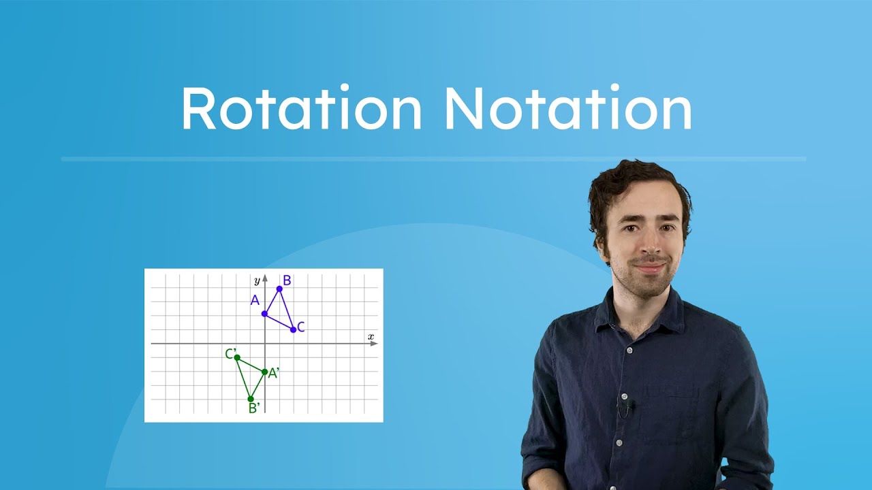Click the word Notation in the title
pos(568,109)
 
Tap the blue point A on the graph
pos(265,314)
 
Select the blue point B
pos(279,289)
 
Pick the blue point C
pos(294,329)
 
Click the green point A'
pos(265,372)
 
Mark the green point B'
pos(251,399)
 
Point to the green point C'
pos(237,357)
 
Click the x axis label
pos(371,337)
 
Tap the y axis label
pos(257,280)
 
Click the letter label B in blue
pos(287,280)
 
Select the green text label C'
pos(230,354)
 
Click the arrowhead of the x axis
pos(374,344)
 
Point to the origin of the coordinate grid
pos(265,344)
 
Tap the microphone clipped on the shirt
pos(626,406)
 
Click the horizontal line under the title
pos(433,159)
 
